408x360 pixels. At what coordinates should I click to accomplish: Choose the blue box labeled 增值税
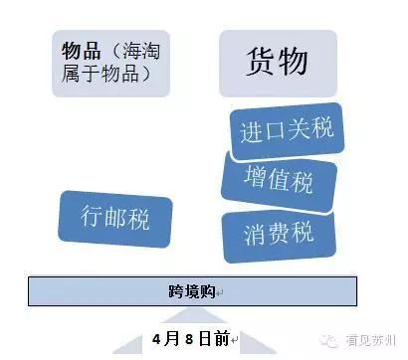(x=279, y=182)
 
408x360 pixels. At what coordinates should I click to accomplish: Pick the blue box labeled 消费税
(x=278, y=235)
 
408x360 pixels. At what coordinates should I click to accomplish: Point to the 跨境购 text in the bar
(x=191, y=290)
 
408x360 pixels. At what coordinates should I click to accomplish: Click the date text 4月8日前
(x=191, y=338)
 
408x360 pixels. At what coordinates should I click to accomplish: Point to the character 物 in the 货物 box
(x=295, y=63)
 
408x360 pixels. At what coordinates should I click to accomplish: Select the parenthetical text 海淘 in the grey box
(x=132, y=51)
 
